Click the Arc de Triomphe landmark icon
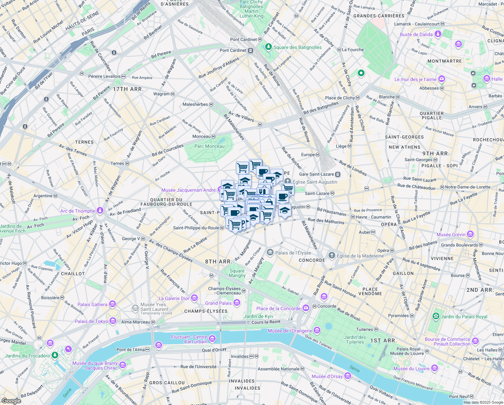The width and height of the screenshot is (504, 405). point(100,211)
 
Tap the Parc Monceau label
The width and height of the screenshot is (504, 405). point(209,146)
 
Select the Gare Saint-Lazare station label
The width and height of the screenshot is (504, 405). point(316,174)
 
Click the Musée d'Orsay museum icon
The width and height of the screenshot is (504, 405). point(348,376)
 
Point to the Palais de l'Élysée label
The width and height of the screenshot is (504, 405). point(293,253)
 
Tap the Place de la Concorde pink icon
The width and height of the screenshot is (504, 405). point(306,308)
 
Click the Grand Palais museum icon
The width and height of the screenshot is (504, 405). point(237,303)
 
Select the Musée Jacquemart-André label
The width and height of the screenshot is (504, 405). point(188,190)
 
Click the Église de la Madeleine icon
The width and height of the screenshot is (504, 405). point(332,255)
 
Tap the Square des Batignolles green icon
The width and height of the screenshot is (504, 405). point(268,47)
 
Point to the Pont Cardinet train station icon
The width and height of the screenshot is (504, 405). point(250,51)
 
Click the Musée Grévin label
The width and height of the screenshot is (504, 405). point(451,235)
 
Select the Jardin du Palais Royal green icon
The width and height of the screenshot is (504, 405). point(436,316)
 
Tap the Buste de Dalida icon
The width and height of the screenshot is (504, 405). point(438,34)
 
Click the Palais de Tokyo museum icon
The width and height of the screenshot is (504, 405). point(113,321)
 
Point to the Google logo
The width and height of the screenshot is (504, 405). point(11,401)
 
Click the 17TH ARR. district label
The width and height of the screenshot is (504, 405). point(128,89)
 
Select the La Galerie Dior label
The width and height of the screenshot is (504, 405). point(174,298)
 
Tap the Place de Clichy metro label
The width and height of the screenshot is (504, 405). point(340,98)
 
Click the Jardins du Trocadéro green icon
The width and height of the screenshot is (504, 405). point(55,355)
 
